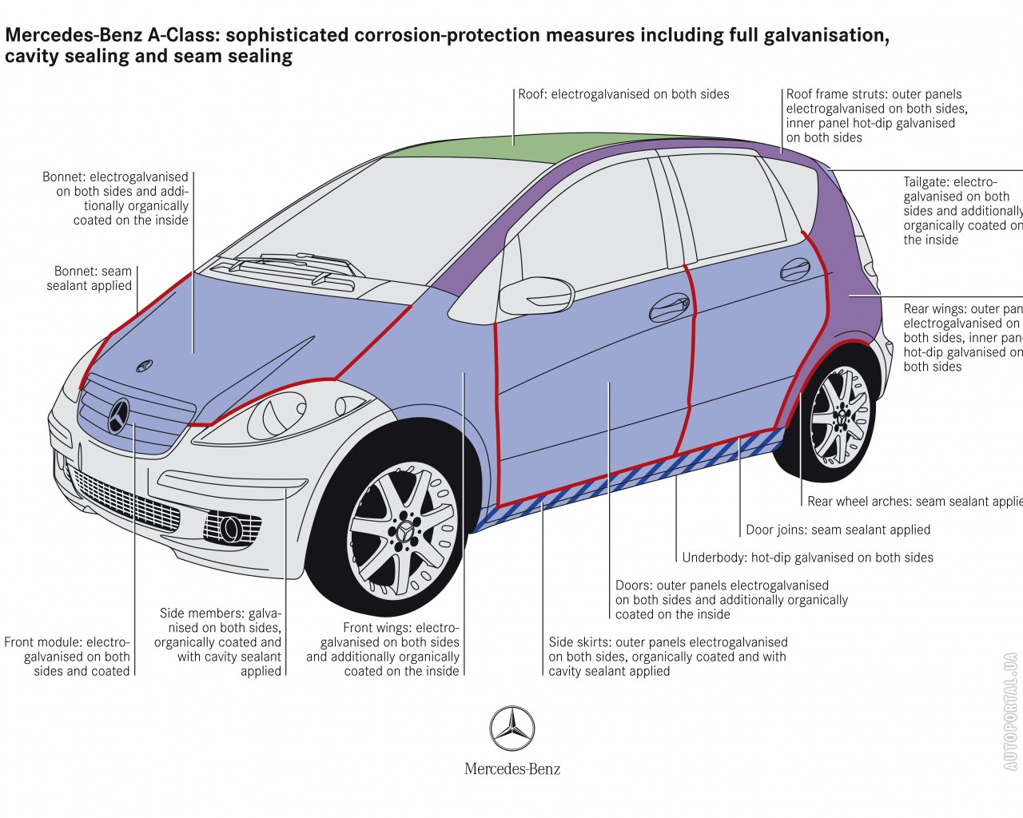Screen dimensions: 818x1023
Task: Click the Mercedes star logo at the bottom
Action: click(511, 729)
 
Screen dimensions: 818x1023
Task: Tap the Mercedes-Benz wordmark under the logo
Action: click(512, 769)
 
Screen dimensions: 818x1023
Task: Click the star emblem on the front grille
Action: click(119, 415)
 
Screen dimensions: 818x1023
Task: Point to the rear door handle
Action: click(794, 268)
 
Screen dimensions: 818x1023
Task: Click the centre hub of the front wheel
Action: click(404, 530)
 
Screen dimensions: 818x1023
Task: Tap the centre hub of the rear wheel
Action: click(841, 416)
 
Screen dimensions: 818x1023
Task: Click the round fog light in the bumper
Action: click(232, 526)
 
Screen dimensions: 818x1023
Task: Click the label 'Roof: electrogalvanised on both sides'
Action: click(623, 94)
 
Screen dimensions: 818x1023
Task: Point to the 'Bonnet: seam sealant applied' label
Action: click(89, 278)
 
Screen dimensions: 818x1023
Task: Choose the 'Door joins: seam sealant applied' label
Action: click(838, 530)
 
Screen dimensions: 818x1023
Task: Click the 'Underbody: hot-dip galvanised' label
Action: click(807, 558)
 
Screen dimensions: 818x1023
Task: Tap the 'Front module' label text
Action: click(67, 657)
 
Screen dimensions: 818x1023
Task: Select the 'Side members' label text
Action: click(219, 642)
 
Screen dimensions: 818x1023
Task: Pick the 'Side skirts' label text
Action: click(667, 657)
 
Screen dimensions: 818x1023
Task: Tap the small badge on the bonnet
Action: click(145, 365)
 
